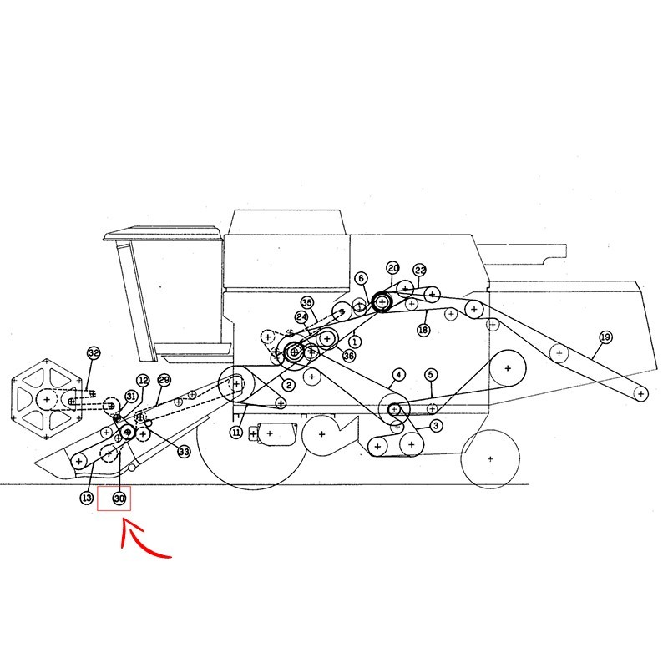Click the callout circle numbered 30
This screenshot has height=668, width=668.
[119, 498]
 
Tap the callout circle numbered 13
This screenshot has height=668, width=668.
[87, 498]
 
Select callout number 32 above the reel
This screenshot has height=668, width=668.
[94, 353]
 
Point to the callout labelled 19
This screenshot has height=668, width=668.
[605, 337]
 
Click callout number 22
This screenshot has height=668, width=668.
[420, 270]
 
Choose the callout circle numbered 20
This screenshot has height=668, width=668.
[392, 268]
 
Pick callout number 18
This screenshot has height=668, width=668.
[423, 330]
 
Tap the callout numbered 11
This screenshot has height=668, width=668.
[236, 433]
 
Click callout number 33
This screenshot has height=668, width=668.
[184, 452]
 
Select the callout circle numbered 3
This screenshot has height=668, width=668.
[436, 426]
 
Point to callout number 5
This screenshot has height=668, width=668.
[431, 374]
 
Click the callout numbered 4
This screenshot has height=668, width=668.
[398, 375]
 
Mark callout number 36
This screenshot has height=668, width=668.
[348, 356]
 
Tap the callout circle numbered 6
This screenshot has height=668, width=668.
[361, 279]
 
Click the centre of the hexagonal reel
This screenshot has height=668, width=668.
[47, 399]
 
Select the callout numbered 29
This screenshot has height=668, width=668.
[164, 380]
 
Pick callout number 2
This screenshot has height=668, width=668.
[288, 386]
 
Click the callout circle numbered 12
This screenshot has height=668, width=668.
[143, 381]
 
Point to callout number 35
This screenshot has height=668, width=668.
[306, 303]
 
